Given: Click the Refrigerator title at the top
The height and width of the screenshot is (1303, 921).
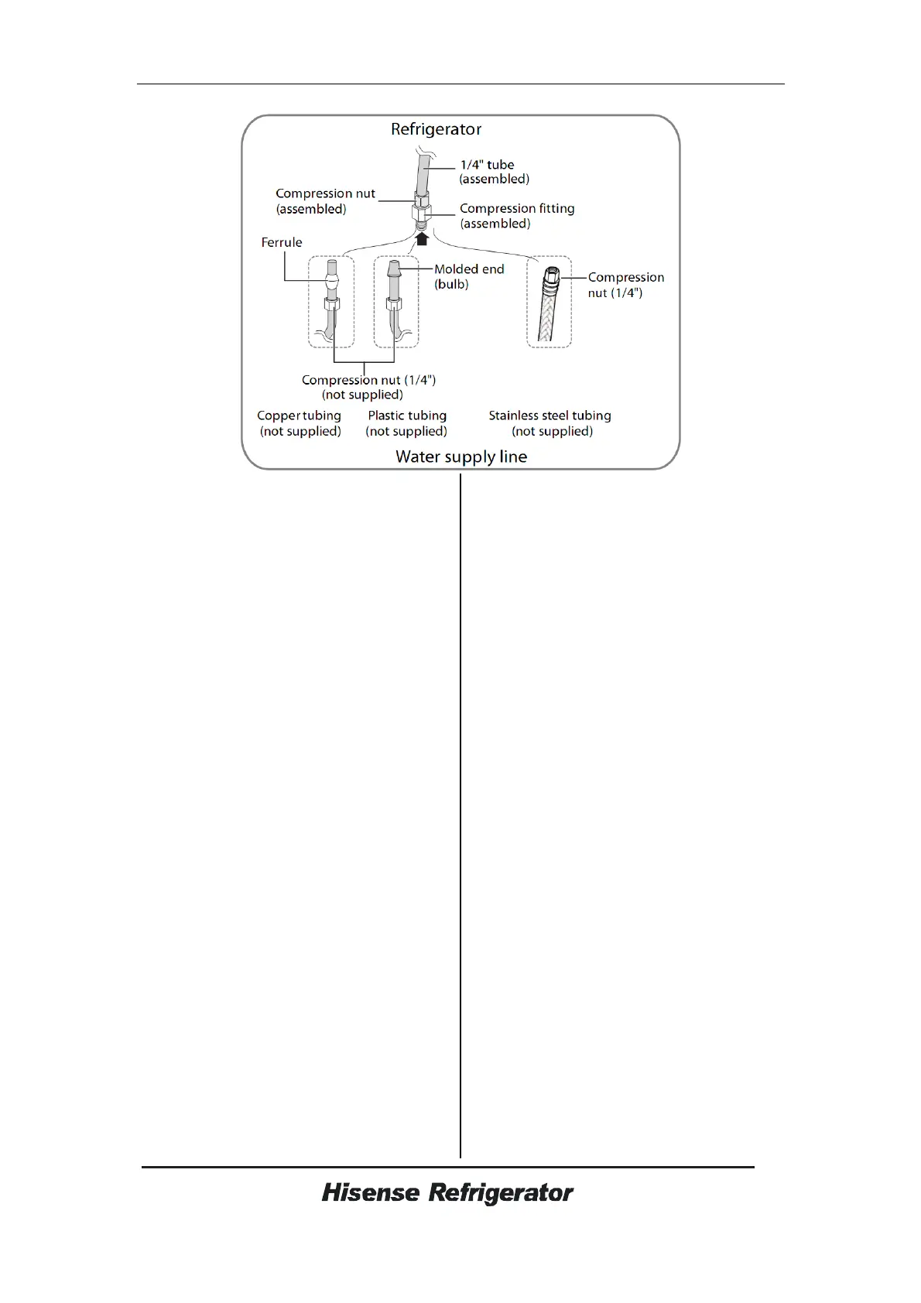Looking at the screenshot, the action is point(436,129).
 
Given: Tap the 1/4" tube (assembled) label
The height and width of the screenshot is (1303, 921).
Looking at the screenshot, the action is point(494,172).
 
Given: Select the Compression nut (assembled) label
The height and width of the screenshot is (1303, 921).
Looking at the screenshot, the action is point(325,201).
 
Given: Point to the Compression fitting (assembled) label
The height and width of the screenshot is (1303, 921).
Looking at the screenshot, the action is point(517,216).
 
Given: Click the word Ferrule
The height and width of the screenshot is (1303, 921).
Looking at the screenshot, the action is point(282,242).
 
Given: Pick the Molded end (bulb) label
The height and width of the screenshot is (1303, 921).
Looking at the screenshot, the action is point(469,276).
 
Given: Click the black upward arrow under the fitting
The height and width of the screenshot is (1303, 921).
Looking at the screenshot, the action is point(422,238).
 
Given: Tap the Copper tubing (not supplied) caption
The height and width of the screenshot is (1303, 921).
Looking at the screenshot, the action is point(300,423).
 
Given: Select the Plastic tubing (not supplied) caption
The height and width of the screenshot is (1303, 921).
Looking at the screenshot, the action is point(407,423).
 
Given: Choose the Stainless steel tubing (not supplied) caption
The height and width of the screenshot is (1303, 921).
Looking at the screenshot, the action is point(550,423).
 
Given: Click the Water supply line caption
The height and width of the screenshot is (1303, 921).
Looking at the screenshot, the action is point(461,457).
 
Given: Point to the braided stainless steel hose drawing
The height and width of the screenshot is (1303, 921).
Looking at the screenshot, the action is point(548,310).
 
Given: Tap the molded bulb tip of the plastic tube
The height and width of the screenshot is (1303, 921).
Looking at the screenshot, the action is point(392,271).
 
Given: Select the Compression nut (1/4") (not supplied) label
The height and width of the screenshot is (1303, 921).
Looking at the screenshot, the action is point(368,387).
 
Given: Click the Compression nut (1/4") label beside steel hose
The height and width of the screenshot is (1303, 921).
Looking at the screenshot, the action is point(625,285).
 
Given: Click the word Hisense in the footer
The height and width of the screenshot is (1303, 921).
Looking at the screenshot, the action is point(371,1193).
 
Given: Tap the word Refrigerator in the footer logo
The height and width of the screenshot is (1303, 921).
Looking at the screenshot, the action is point(501,1193).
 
